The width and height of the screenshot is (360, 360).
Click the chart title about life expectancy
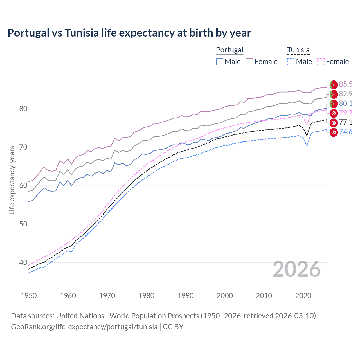pyautogui.click(x=129, y=33)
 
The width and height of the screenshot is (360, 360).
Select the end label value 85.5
pyautogui.click(x=346, y=84)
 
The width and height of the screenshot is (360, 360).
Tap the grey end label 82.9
pyautogui.click(x=346, y=94)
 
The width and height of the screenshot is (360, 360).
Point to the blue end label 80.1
pyautogui.click(x=346, y=103)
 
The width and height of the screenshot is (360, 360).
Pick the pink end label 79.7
pyautogui.click(x=346, y=113)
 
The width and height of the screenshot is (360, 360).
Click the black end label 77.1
pyautogui.click(x=346, y=122)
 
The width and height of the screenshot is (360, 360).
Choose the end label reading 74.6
pyautogui.click(x=346, y=132)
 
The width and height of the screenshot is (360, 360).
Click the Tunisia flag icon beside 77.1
pyautogui.click(x=334, y=123)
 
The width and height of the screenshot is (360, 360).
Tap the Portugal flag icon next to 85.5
pyautogui.click(x=334, y=85)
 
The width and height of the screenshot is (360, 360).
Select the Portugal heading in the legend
pyautogui.click(x=229, y=50)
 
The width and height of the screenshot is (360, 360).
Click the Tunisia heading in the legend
pyautogui.click(x=298, y=50)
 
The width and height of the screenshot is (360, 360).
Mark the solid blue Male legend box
pyautogui.click(x=220, y=62)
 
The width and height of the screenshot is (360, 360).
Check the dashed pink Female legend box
pyautogui.click(x=321, y=62)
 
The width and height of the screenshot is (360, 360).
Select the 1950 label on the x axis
pyautogui.click(x=29, y=296)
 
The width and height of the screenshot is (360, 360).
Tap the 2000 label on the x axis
pyautogui.click(x=225, y=296)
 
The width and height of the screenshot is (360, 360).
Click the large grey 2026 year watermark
pyautogui.click(x=297, y=269)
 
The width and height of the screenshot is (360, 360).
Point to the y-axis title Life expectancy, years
pyautogui.click(x=12, y=180)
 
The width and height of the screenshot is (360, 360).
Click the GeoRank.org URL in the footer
pyautogui.click(x=84, y=327)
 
